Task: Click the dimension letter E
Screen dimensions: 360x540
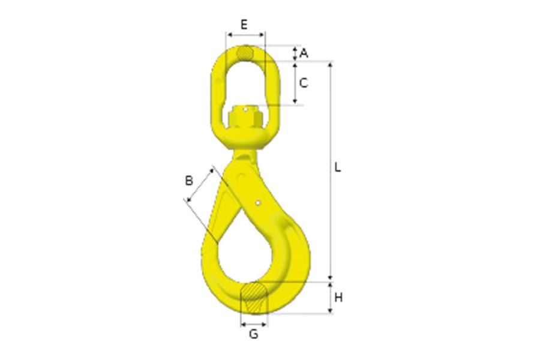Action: coord(244,24)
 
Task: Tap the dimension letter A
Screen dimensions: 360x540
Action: coord(304,53)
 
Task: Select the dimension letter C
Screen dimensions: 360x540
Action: coord(304,83)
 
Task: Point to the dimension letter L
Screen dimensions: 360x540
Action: coord(338,168)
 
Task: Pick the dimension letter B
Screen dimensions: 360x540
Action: coord(188,179)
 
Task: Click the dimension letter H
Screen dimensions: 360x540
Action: coord(338,298)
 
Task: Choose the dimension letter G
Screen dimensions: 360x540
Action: coord(254,334)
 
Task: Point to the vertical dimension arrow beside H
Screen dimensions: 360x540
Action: coord(330,298)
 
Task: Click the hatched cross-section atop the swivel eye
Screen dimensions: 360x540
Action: coord(244,53)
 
